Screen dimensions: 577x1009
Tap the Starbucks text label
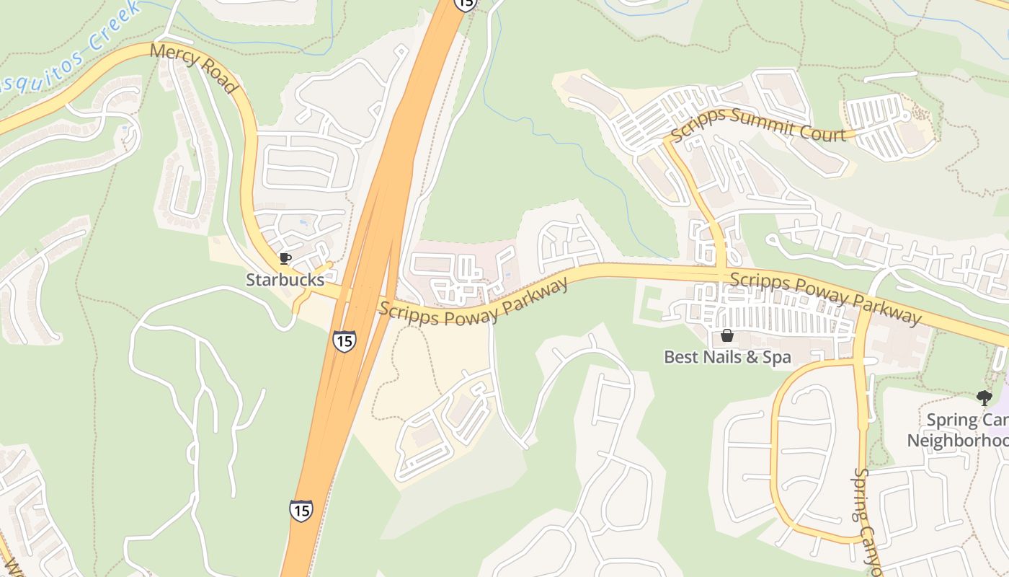pos(285,280)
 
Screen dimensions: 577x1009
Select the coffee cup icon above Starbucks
pos(285,258)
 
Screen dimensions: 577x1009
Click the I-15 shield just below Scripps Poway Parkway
pos(345,340)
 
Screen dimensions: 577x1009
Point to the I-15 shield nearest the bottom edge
pos(301,510)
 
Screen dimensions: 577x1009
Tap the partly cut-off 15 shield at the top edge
pos(466,4)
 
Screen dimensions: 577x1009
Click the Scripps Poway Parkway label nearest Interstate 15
pos(473,299)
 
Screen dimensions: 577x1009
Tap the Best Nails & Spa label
pos(727,357)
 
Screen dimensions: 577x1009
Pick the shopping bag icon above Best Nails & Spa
pos(727,335)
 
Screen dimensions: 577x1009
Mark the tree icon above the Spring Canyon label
pos(984,397)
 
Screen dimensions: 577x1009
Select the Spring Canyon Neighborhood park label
pos(959,430)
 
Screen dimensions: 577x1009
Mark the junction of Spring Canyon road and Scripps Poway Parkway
pos(860,307)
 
